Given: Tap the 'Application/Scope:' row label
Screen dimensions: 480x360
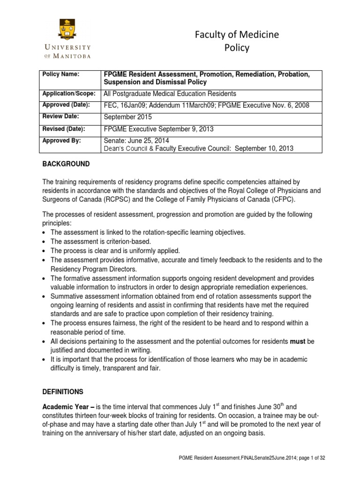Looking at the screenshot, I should click(69, 93).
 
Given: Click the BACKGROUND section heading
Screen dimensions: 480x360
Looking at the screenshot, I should click(64, 165).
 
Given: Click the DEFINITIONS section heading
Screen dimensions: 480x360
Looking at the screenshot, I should click(62, 391).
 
